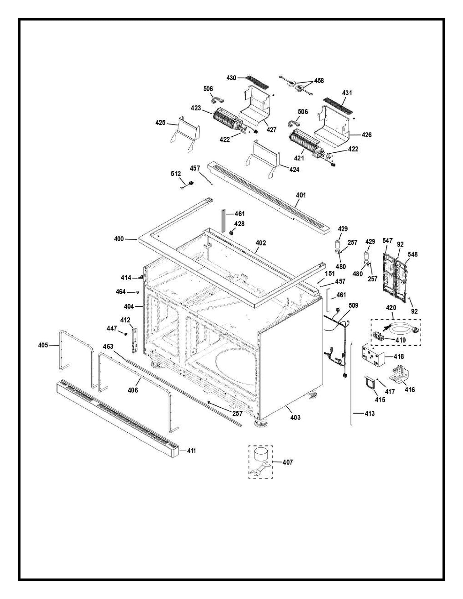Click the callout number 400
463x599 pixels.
pos(119,239)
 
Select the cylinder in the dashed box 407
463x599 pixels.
pos(261,455)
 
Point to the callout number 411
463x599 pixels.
pos(191,451)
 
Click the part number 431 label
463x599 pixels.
pos(347,93)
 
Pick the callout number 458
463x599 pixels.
pos(319,81)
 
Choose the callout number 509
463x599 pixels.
pos(353,306)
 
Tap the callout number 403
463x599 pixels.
pos(295,418)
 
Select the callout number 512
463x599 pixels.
pos(176,174)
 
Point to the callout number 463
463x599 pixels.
pos(108,347)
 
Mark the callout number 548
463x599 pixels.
pos(412,254)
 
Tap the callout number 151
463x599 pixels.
pos(329,274)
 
